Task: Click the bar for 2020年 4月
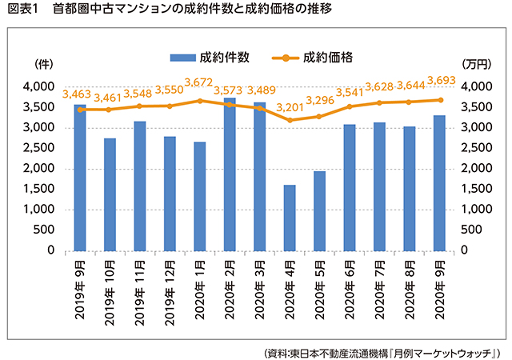click(290, 218)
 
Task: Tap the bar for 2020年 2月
click(230, 174)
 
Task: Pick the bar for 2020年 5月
click(319, 210)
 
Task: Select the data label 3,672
click(200, 82)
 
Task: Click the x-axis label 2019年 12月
click(170, 291)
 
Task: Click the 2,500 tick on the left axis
click(38, 148)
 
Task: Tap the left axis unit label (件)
click(42, 64)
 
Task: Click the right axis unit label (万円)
click(478, 64)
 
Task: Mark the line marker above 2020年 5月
click(319, 116)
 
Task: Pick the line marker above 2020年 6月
click(349, 106)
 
